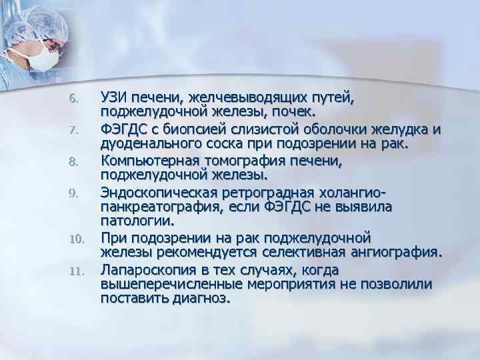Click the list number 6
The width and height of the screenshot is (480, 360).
(74, 99)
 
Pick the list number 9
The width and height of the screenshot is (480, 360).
(74, 193)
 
